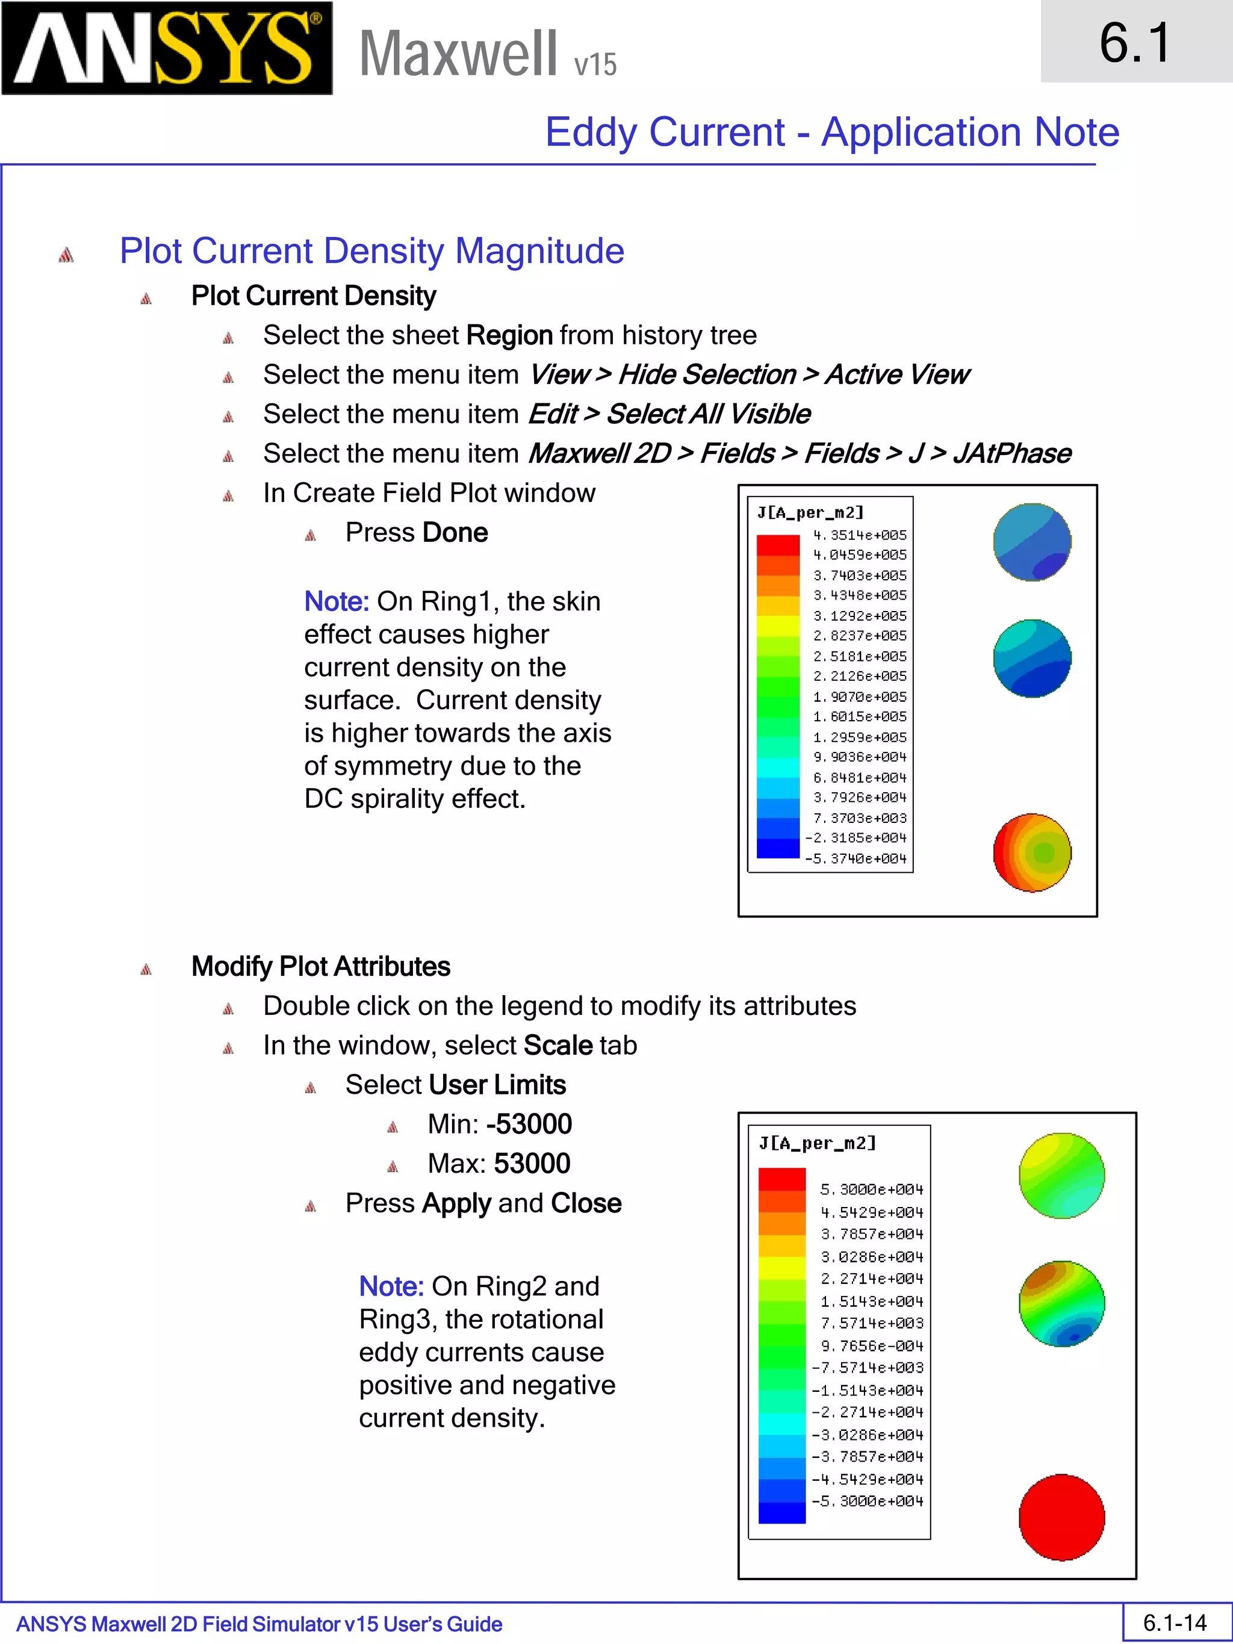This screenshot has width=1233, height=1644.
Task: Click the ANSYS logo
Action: (x=167, y=48)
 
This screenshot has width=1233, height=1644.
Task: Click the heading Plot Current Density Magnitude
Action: (x=371, y=251)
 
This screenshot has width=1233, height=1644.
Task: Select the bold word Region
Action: (x=509, y=335)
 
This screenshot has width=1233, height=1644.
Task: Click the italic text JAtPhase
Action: (x=1011, y=453)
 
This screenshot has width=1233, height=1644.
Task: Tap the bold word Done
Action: (x=455, y=533)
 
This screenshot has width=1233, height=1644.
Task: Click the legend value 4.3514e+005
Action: (x=859, y=535)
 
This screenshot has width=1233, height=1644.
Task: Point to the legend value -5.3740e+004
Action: (x=856, y=858)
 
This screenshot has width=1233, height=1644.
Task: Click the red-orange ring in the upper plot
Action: (x=1033, y=852)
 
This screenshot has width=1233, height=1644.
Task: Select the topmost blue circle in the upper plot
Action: (x=1033, y=542)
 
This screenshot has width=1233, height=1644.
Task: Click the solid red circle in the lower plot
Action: (x=1061, y=1516)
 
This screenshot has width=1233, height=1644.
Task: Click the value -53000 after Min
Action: (x=529, y=1124)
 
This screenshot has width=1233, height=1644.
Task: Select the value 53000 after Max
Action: (x=532, y=1164)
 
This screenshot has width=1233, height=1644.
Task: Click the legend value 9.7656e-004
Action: (x=871, y=1346)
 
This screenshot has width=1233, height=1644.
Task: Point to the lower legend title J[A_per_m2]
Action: (x=817, y=1143)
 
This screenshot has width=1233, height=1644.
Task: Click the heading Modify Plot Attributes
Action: (x=320, y=967)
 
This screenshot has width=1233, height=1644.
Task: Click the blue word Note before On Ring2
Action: (x=391, y=1286)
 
